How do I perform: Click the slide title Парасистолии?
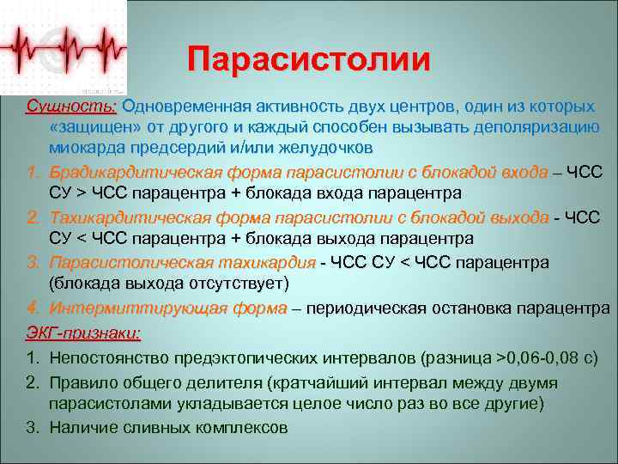point(310,59)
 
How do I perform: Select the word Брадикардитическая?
point(126,172)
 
